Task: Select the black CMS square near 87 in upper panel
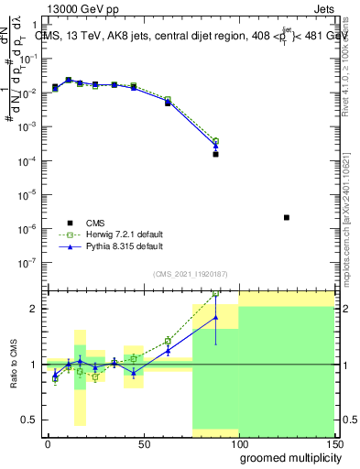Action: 215,154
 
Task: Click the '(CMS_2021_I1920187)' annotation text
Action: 190,273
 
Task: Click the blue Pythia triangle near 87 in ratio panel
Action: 215,318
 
